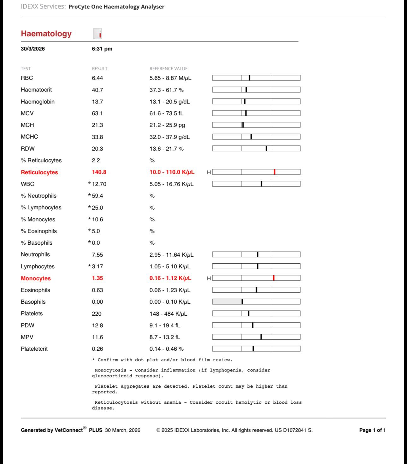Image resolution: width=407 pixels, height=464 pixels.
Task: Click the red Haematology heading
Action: pyautogui.click(x=46, y=34)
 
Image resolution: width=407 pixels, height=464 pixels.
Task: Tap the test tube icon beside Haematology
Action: pyautogui.click(x=97, y=33)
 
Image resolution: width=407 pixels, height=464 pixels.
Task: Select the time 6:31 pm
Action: pyautogui.click(x=102, y=49)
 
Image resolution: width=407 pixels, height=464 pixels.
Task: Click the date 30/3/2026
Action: pyautogui.click(x=33, y=49)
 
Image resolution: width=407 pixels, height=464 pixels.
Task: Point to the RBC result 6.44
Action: pyautogui.click(x=97, y=78)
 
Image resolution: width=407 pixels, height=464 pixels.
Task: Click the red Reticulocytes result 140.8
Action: pyautogui.click(x=99, y=172)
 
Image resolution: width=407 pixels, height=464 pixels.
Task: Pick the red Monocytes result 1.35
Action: pyautogui.click(x=97, y=278)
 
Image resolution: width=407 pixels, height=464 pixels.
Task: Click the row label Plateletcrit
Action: pyautogui.click(x=34, y=349)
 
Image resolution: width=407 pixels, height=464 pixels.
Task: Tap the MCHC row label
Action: pyautogui.click(x=29, y=137)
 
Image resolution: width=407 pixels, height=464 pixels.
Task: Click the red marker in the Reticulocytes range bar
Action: pyautogui.click(x=274, y=172)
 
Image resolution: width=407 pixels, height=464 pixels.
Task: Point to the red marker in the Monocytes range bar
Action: pyautogui.click(x=274, y=278)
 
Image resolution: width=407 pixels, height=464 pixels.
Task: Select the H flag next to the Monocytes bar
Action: pyautogui.click(x=209, y=278)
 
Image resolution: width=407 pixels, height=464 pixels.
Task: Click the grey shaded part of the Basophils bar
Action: pyautogui.click(x=227, y=302)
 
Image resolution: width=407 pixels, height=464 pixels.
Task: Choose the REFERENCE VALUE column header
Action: pyautogui.click(x=168, y=68)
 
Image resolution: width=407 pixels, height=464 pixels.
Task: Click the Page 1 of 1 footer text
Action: pyautogui.click(x=372, y=430)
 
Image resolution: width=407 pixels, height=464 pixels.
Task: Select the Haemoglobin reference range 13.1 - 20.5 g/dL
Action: pyautogui.click(x=169, y=102)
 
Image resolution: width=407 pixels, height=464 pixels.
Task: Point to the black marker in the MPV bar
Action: pyautogui.click(x=261, y=337)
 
